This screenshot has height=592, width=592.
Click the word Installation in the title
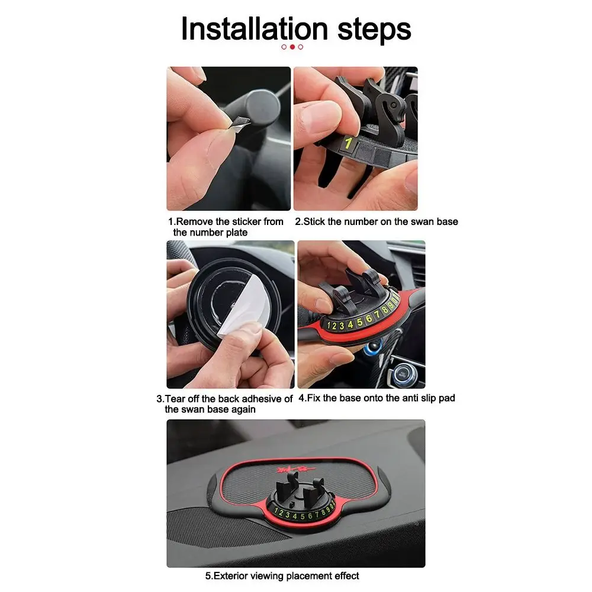pos(255,28)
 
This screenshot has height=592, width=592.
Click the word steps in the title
pos(374,31)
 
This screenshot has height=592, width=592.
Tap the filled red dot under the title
pos(292,47)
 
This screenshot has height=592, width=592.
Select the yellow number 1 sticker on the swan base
pos(348,143)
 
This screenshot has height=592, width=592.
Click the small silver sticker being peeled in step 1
pos(241,123)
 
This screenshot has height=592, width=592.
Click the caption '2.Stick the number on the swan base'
pos(377,221)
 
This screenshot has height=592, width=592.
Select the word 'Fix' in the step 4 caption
pos(314,398)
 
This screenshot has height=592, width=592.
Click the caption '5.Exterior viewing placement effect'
pos(282,576)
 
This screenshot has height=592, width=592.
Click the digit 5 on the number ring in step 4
pos(359,321)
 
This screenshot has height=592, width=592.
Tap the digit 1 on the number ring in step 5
pos(276,511)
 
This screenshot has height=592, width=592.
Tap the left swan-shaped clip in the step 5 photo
pos(287,485)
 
